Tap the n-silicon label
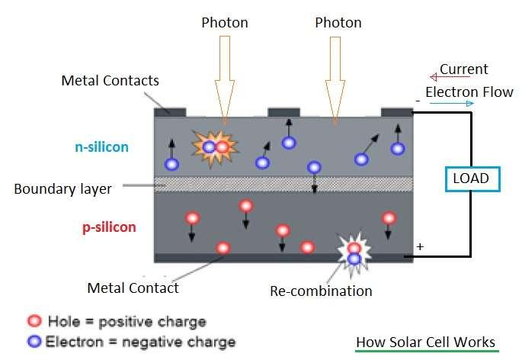[102, 147]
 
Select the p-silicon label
[109, 227]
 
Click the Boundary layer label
[62, 188]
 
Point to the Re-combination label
[322, 291]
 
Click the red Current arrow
[435, 76]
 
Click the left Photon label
[225, 22]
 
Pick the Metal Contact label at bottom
[133, 288]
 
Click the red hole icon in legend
[34, 321]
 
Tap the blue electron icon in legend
[34, 342]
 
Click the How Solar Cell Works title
[426, 342]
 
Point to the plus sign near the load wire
[418, 247]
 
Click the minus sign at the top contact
[418, 100]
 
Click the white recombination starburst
[354, 252]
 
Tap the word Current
[464, 69]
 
